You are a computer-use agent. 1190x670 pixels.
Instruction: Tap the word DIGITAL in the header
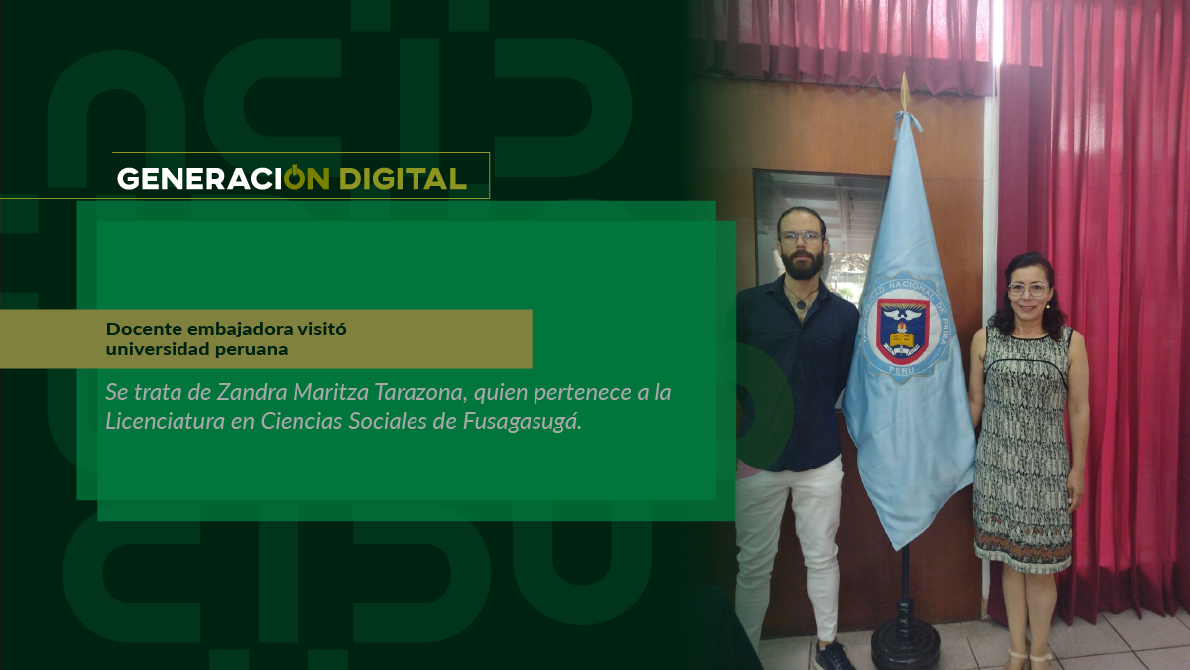(404, 178)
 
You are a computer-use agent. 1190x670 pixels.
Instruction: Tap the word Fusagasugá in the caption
(523, 421)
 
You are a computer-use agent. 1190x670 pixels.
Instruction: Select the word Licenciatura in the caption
(165, 421)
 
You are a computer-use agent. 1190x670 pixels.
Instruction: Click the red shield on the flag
(902, 331)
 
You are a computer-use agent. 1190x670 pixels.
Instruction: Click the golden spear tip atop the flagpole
(904, 91)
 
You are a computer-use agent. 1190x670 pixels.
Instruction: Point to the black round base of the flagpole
(905, 642)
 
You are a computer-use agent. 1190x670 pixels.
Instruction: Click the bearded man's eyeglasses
(801, 237)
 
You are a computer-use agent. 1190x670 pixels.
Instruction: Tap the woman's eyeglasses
(1027, 290)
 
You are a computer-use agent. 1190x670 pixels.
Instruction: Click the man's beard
(802, 263)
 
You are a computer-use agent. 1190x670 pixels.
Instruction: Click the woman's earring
(1049, 305)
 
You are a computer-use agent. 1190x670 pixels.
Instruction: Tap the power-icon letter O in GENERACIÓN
(294, 177)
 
